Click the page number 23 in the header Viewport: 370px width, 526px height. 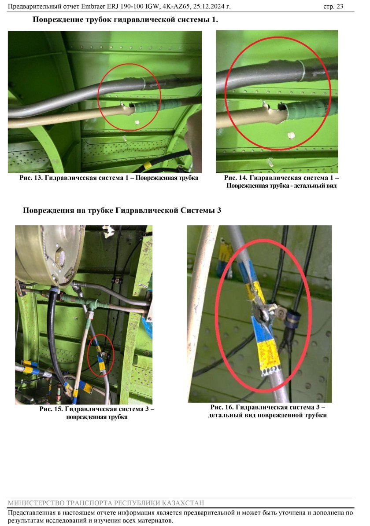(340, 6)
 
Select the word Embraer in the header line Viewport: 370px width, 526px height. (92, 6)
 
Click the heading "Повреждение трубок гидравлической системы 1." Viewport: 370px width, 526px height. (126, 19)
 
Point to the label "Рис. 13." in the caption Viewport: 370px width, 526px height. (31, 178)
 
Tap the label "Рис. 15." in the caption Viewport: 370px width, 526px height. (51, 409)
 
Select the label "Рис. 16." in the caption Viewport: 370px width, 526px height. (222, 407)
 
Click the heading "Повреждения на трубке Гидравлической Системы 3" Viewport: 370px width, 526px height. (122, 210)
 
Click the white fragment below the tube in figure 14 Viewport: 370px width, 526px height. (291, 135)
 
